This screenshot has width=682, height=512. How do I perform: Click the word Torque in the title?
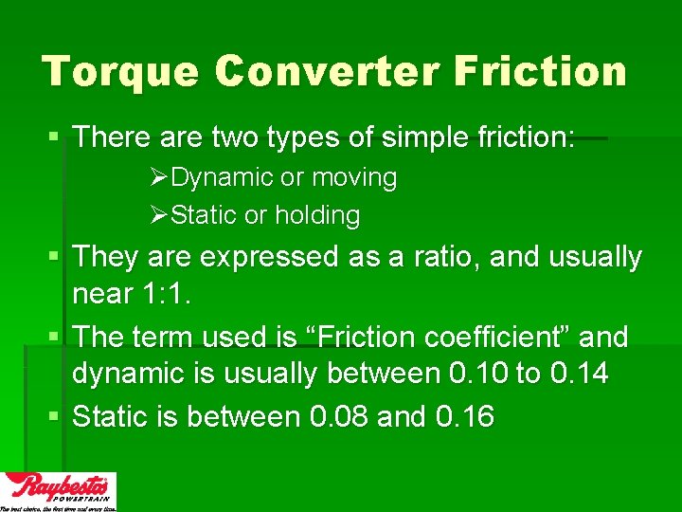coord(119,72)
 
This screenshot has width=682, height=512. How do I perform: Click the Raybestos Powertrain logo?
coord(59,491)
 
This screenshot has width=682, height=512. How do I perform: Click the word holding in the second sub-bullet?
coord(317,215)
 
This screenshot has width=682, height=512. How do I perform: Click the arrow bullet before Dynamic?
coord(159,178)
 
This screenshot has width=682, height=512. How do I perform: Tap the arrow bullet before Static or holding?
coord(159,216)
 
